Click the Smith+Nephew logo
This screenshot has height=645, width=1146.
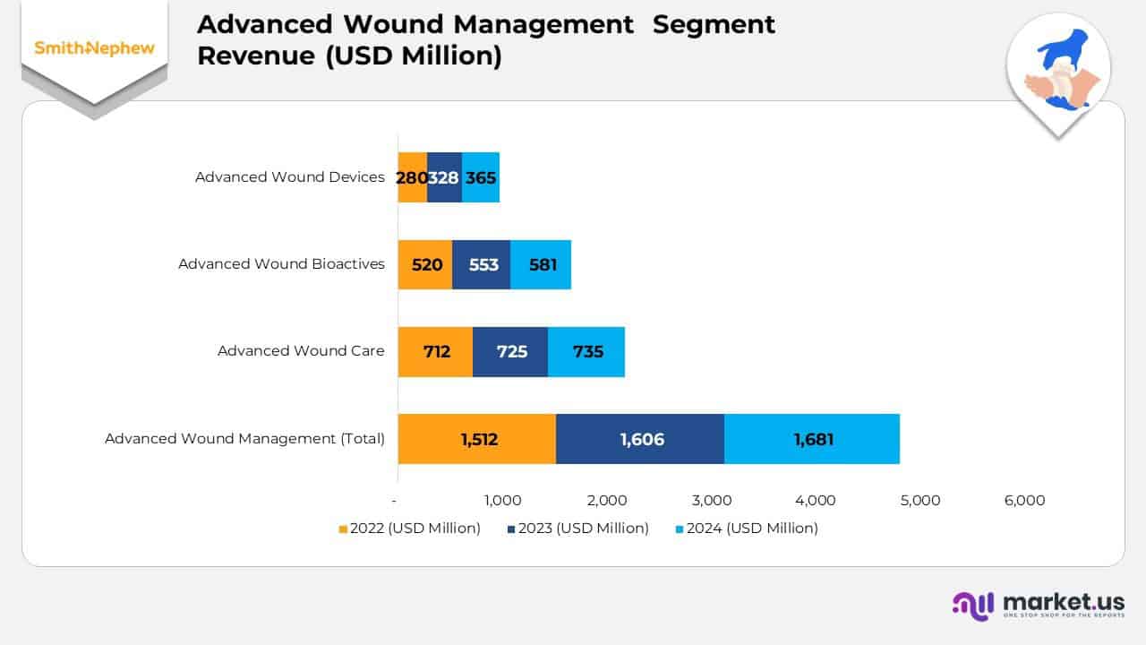(x=94, y=48)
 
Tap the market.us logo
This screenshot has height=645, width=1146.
(x=1038, y=605)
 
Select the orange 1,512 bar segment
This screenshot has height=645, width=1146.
(x=477, y=439)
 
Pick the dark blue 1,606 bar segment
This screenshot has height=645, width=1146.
(x=640, y=439)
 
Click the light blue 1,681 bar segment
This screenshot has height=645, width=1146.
(x=812, y=439)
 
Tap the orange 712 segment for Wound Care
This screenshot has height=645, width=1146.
(x=435, y=351)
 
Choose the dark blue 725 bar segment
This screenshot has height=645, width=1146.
(x=510, y=351)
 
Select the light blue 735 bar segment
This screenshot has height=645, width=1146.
(x=586, y=351)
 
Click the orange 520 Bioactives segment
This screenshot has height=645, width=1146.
(x=425, y=264)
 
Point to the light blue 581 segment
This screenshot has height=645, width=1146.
(x=541, y=264)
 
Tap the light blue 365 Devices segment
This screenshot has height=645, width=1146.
(x=481, y=177)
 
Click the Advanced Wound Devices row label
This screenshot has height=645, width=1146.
(x=289, y=177)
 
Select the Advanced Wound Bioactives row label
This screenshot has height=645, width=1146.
(x=281, y=264)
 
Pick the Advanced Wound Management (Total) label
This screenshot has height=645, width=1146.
(x=244, y=439)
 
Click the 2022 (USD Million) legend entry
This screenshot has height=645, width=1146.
(x=409, y=529)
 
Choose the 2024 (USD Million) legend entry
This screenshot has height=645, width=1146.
(x=746, y=529)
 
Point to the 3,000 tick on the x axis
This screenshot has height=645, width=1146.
(x=712, y=501)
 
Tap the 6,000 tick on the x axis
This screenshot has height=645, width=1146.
(x=1025, y=501)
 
